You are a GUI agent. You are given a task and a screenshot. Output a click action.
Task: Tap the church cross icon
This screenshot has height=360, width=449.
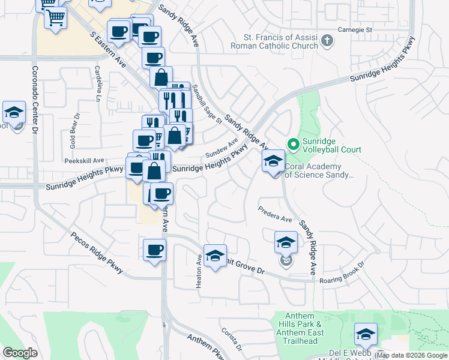[327, 41]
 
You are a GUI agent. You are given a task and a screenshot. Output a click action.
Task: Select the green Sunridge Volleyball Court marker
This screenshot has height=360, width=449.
[294, 144]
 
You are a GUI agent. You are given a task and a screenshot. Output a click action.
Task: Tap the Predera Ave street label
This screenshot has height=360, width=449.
[275, 215]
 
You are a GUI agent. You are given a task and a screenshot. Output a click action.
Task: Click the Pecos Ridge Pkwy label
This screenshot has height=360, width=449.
[96, 253]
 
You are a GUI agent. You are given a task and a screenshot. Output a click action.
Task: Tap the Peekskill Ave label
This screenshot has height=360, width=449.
[85, 161]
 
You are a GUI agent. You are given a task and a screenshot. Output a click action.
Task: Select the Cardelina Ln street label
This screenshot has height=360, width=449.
[98, 82]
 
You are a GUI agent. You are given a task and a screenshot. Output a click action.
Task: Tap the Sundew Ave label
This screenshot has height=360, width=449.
[221, 148]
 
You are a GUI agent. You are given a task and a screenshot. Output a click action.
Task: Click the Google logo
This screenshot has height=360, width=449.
[20, 352]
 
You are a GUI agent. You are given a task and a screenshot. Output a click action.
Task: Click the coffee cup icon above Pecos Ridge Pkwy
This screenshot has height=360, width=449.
[154, 250]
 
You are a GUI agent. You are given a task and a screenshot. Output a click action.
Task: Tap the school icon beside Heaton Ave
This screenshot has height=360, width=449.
[215, 256]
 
